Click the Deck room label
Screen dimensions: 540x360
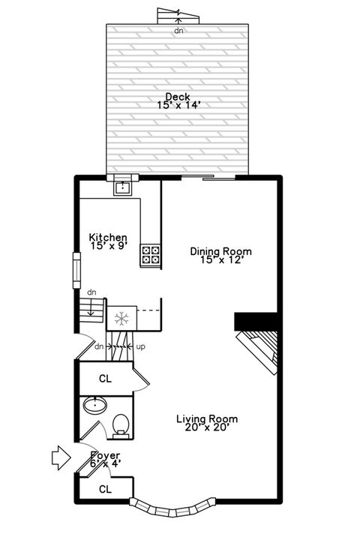(178, 96)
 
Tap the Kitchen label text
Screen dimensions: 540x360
(108, 237)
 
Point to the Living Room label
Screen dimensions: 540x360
(207, 419)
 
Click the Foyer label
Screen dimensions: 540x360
(105, 455)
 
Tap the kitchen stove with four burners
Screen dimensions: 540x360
(151, 255)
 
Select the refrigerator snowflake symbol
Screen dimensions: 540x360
(120, 318)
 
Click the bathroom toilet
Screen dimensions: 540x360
(120, 425)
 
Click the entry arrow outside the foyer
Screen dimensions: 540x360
(59, 457)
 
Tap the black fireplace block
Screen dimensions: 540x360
(256, 321)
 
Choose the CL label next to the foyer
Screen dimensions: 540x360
(105, 490)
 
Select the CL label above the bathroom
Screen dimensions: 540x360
(105, 379)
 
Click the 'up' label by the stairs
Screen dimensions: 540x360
(141, 346)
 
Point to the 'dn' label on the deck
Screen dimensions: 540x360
(178, 31)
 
